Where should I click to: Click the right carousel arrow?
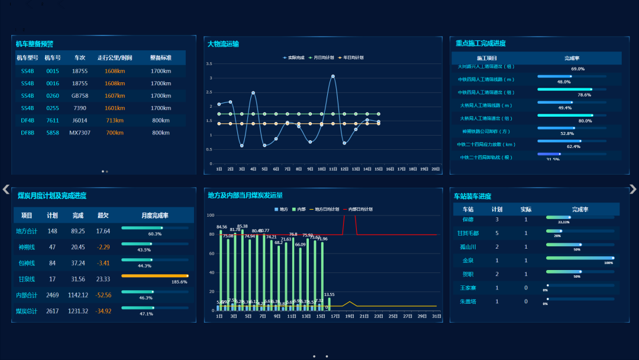pyautogui.click(x=632, y=189)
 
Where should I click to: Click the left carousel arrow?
pyautogui.click(x=6, y=189)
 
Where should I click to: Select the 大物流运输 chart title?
pyautogui.click(x=223, y=43)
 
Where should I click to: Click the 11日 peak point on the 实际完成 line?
pyautogui.click(x=333, y=76)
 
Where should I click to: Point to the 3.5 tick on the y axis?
pyautogui.click(x=209, y=63)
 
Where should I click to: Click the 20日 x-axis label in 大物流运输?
pyautogui.click(x=435, y=169)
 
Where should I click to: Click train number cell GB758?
pyautogui.click(x=80, y=95)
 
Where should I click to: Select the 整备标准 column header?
pyautogui.click(x=160, y=58)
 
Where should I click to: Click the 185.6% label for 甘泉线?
pyautogui.click(x=180, y=282)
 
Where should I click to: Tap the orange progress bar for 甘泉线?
pyautogui.click(x=154, y=276)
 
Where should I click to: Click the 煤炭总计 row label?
pyautogui.click(x=27, y=311)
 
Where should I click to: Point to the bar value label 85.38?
pyautogui.click(x=242, y=226)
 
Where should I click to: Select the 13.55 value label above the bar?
pyautogui.click(x=330, y=294)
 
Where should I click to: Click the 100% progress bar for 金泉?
pyautogui.click(x=580, y=258)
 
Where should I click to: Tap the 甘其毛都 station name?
pyautogui.click(x=468, y=233)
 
